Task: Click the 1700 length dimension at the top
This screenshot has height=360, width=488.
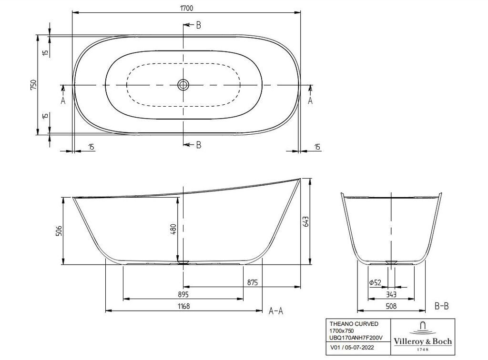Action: [186, 8]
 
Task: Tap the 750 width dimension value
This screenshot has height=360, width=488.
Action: [33, 85]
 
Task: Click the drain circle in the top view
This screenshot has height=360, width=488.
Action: [183, 85]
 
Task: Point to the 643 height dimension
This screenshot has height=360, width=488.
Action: [305, 221]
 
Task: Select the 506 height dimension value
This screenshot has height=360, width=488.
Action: [59, 230]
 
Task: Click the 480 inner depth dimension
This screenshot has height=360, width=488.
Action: [173, 229]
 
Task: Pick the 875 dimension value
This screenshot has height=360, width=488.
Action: [253, 282]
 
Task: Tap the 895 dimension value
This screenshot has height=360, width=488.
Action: [183, 294]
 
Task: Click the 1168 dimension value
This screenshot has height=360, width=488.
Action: [183, 306]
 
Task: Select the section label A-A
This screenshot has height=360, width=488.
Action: [276, 310]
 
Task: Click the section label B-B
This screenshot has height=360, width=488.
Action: [442, 306]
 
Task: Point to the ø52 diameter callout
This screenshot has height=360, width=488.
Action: [375, 282]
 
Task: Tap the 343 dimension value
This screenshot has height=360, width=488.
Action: [391, 294]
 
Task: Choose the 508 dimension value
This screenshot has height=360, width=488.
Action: [391, 306]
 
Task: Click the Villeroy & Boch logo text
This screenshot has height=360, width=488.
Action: [423, 341]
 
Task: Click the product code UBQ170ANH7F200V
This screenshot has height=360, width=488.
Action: [356, 338]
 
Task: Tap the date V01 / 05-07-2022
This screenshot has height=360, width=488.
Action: [352, 348]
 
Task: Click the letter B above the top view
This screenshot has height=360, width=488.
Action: [199, 25]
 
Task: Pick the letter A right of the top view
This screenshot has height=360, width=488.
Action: [310, 100]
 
